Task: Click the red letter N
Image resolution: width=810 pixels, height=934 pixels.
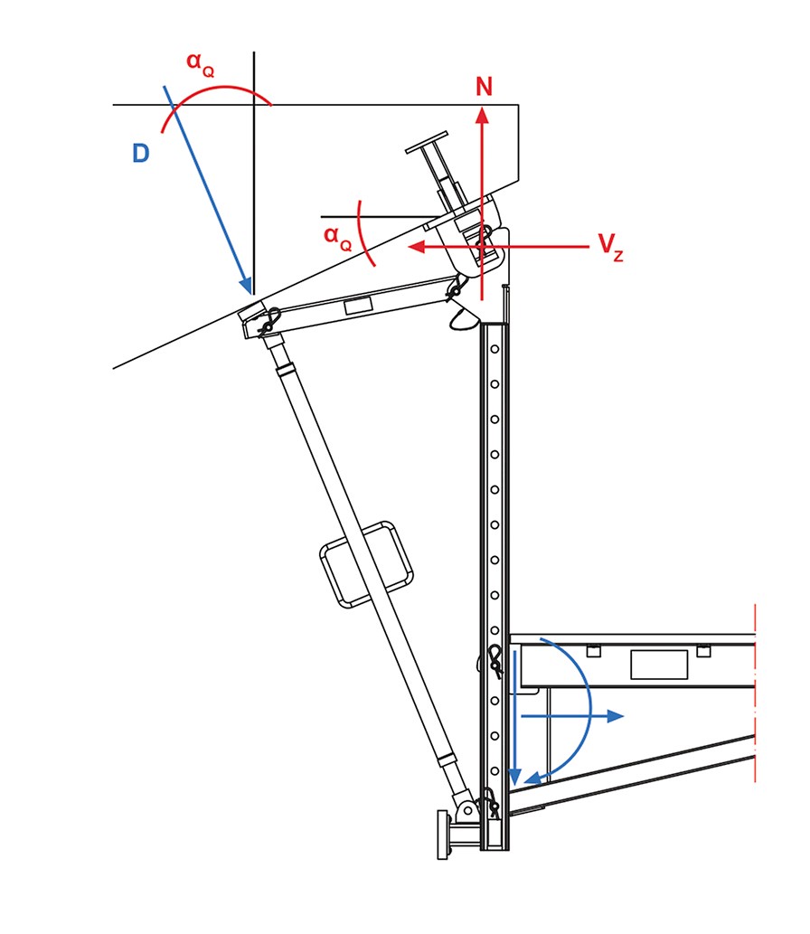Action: (x=484, y=87)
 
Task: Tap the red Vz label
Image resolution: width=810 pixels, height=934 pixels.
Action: (x=610, y=248)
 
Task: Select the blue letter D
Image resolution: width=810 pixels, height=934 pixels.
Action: (x=141, y=154)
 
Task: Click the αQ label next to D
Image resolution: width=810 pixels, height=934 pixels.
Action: (x=200, y=65)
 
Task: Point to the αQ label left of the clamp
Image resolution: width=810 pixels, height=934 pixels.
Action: (x=337, y=237)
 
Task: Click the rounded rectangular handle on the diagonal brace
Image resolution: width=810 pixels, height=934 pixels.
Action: (x=366, y=565)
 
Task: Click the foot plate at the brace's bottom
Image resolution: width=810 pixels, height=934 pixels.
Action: (x=442, y=834)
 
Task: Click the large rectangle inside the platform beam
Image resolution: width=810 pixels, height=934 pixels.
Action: (x=658, y=665)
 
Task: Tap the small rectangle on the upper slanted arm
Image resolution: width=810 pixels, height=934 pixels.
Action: (x=360, y=307)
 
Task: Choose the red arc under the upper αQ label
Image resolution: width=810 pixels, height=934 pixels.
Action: (x=217, y=92)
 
